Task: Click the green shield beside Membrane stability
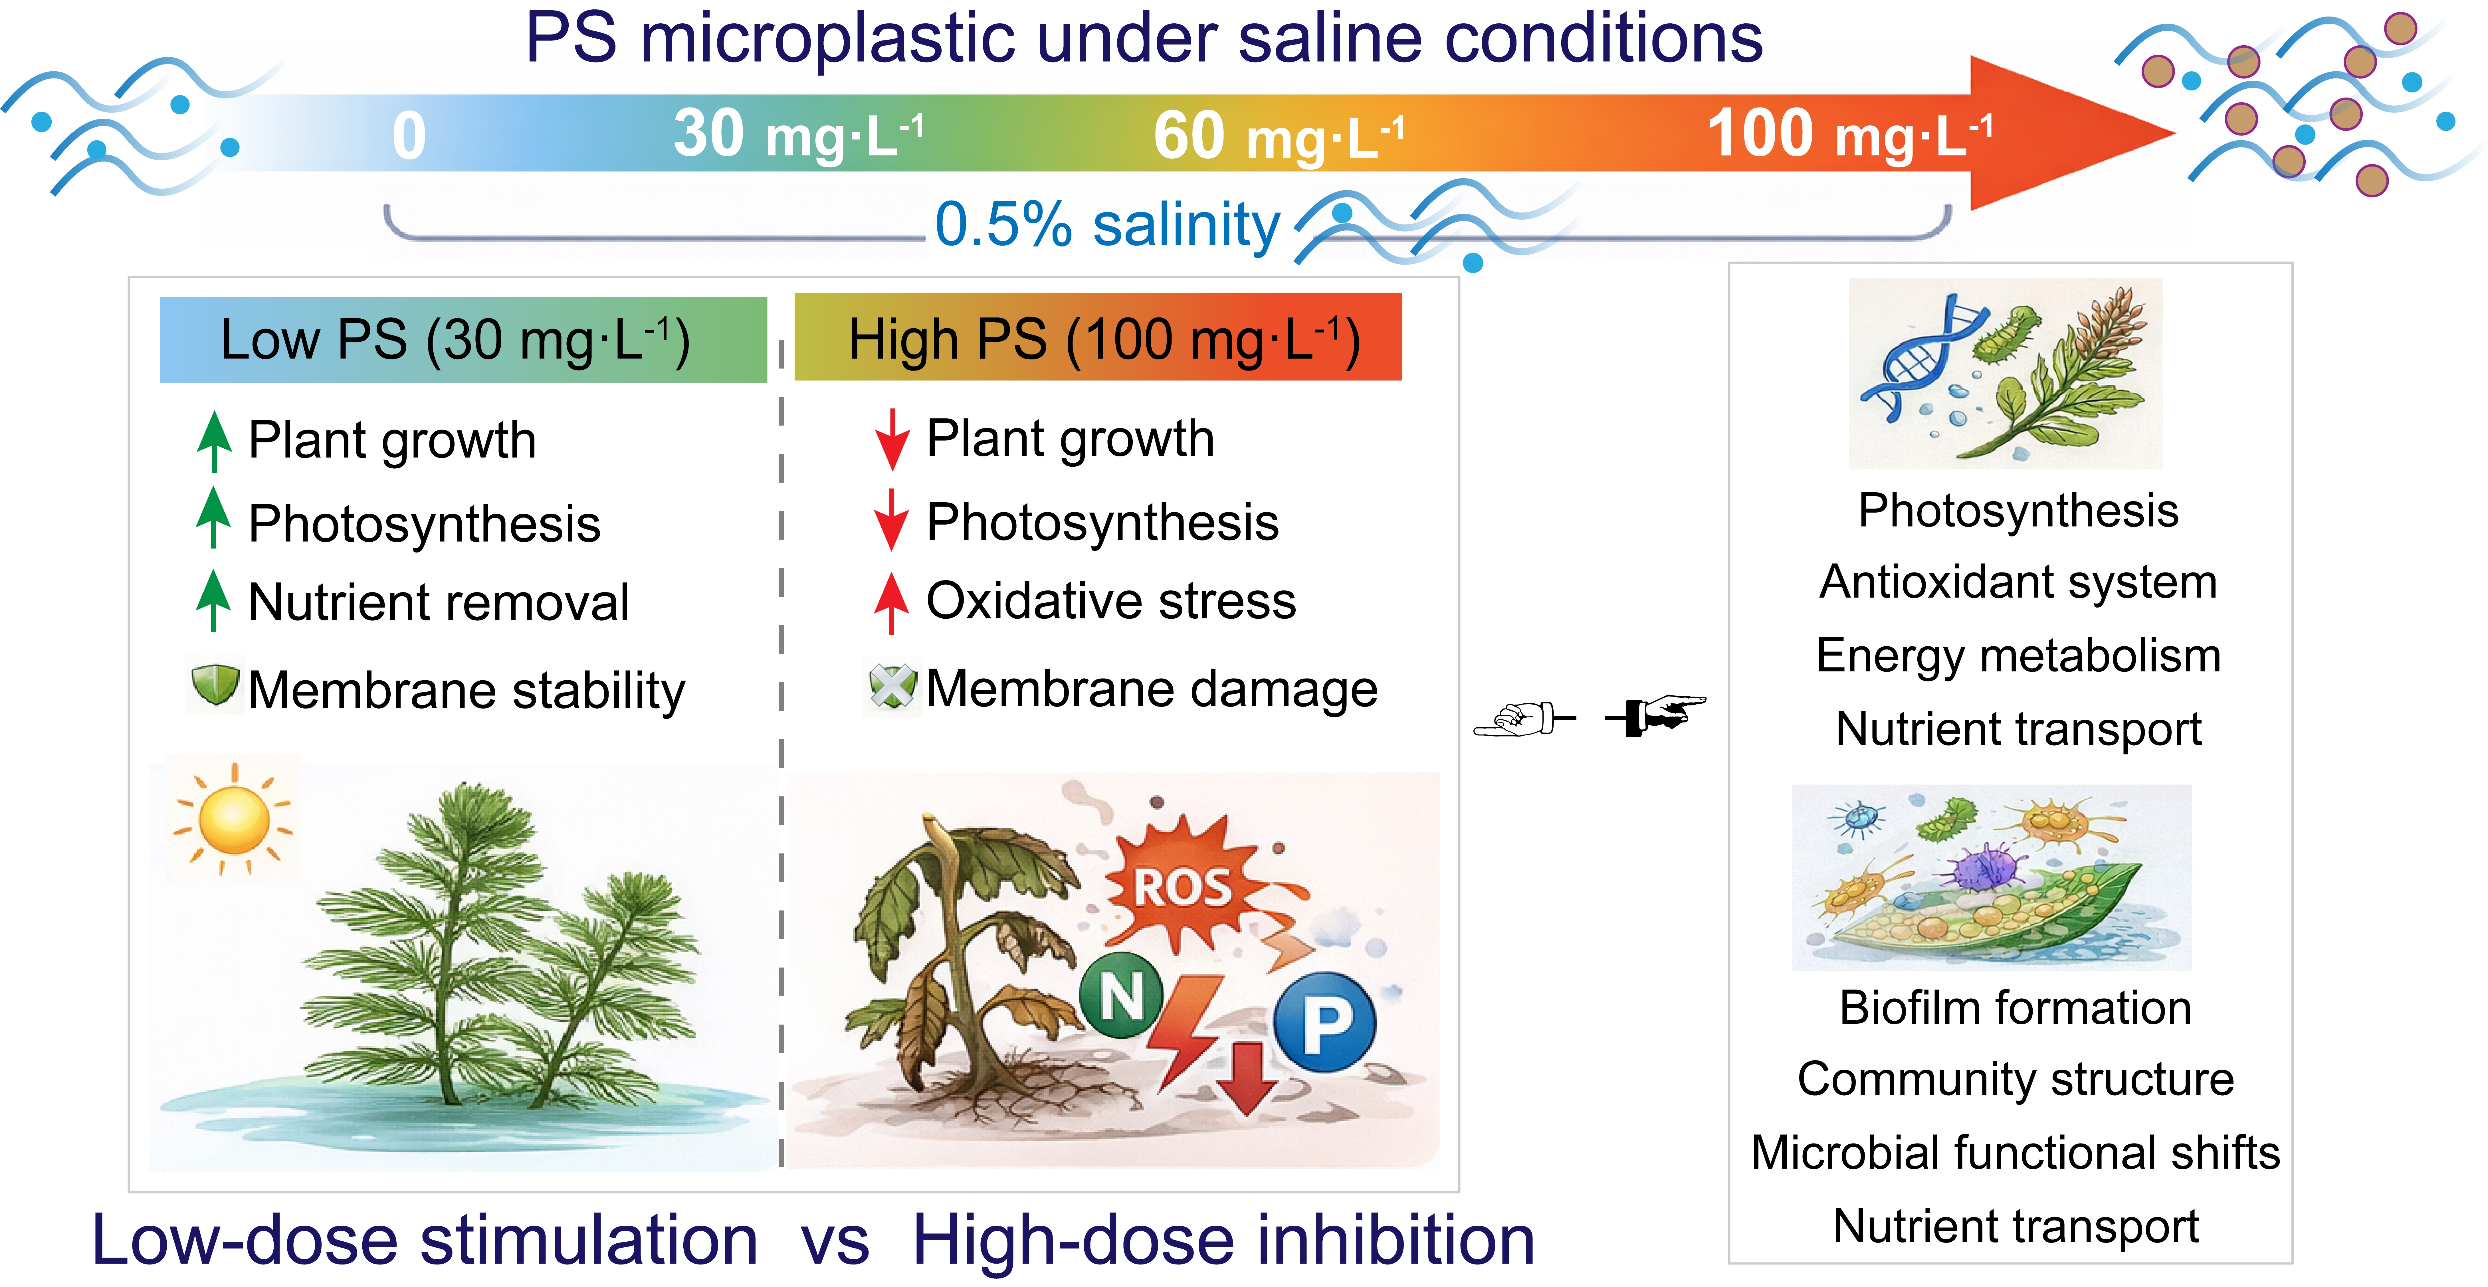click(214, 685)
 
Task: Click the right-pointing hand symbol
click(1655, 715)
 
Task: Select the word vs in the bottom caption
click(835, 1241)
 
